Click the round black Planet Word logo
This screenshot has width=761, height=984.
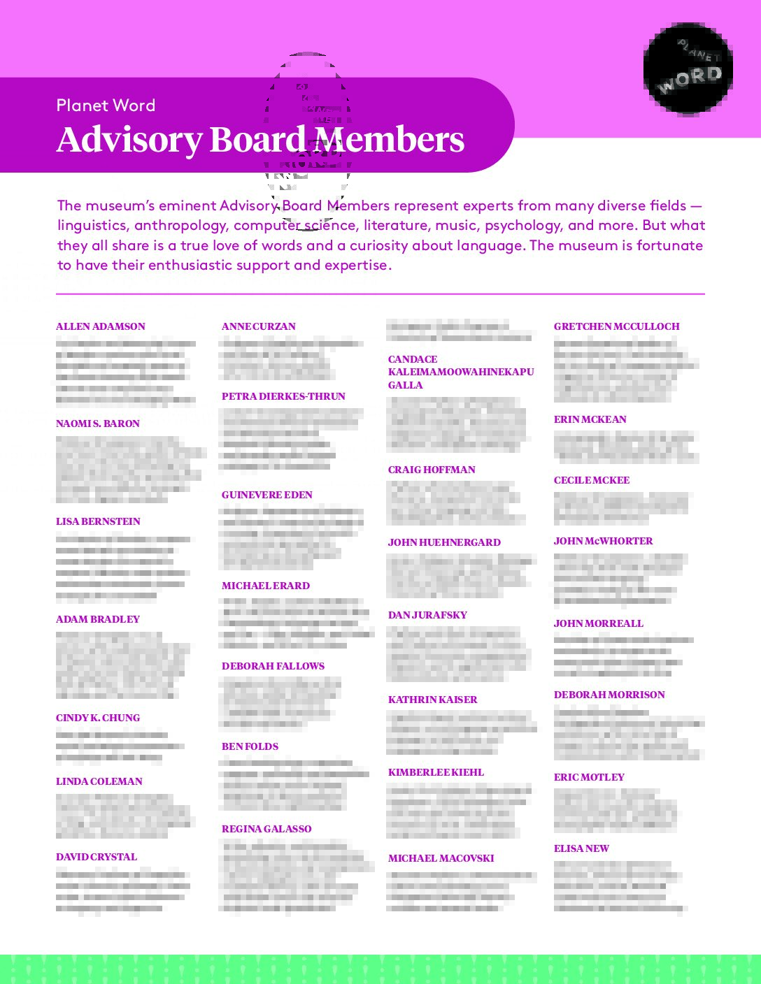click(688, 68)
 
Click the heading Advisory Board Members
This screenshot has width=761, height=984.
click(260, 140)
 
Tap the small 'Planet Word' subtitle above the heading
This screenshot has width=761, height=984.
click(106, 106)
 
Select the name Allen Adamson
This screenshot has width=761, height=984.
click(101, 326)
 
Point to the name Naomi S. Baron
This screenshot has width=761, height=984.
click(98, 424)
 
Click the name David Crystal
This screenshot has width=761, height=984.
click(97, 857)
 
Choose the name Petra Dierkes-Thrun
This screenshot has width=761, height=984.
click(283, 396)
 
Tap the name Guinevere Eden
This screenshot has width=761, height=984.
click(267, 495)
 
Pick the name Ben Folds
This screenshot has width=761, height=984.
click(250, 746)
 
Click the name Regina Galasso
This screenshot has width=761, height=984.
click(266, 829)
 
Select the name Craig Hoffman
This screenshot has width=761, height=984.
click(432, 470)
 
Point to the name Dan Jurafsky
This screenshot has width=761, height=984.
click(427, 615)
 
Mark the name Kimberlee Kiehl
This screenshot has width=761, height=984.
click(436, 772)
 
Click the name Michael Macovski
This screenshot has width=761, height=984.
click(441, 858)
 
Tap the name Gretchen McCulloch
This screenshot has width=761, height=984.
click(616, 326)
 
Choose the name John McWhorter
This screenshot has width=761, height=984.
click(603, 541)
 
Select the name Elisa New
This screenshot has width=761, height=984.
click(581, 848)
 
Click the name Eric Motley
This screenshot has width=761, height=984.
click(589, 777)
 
